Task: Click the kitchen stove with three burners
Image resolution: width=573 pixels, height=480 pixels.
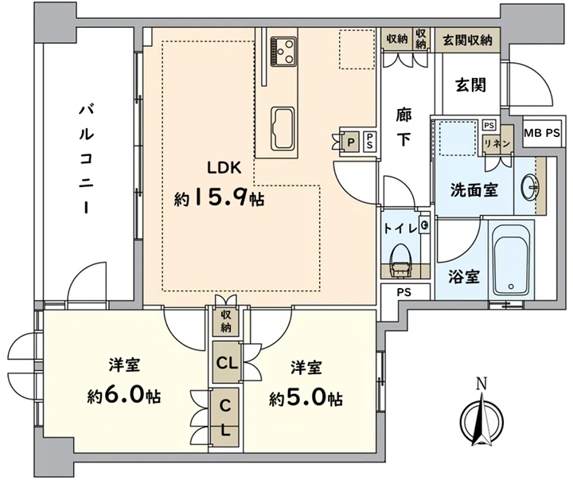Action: [283, 52]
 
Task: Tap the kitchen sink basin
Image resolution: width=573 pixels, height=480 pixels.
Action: [283, 128]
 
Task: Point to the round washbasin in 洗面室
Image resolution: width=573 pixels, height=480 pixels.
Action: [530, 187]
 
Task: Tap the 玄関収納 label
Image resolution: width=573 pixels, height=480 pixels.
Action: [467, 40]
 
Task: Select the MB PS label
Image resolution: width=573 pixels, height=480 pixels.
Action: [542, 133]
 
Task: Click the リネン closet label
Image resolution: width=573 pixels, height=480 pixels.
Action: [497, 143]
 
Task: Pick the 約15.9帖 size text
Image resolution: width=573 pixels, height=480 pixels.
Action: [219, 198]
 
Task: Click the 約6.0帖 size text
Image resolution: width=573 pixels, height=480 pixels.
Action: [124, 396]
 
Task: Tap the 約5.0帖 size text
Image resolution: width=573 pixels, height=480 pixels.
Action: [306, 399]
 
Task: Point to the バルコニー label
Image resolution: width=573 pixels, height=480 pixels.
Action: [87, 158]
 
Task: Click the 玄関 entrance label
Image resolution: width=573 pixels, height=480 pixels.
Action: [470, 85]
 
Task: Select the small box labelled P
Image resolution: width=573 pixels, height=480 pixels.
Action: [351, 142]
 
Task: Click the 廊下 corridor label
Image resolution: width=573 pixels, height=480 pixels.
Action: [403, 127]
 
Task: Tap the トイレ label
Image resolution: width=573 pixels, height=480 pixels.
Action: [400, 228]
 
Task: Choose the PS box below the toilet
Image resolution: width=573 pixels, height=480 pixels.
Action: [404, 291]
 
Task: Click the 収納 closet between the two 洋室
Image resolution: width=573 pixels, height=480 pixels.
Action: [226, 321]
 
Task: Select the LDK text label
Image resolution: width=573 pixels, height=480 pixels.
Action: [224, 169]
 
